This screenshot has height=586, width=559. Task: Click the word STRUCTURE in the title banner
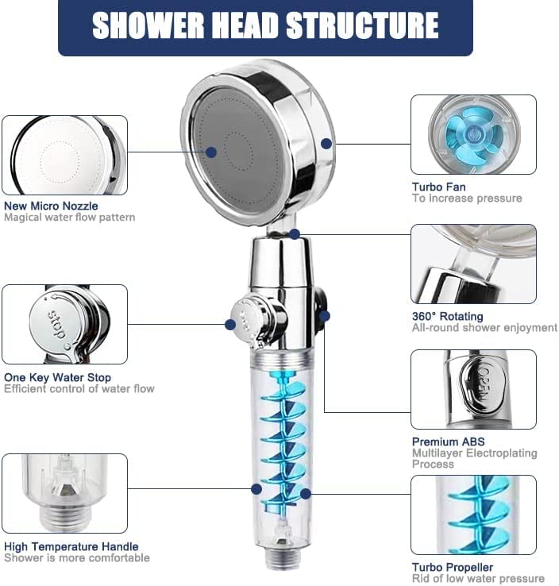362,25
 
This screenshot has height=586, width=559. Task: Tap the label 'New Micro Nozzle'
51,206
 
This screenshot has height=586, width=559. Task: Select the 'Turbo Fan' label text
438,187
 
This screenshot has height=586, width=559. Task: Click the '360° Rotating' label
447,317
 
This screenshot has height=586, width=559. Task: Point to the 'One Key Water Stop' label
57,377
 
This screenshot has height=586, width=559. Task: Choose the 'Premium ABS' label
448,441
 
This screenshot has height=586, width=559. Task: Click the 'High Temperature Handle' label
71,546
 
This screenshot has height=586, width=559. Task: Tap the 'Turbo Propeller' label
453,567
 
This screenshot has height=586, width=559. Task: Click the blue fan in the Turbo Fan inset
474,135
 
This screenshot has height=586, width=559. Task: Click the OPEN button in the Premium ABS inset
483,385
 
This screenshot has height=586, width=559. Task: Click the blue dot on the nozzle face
211,152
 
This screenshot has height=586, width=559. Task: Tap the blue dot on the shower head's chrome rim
326,143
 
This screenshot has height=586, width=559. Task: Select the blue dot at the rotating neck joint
295,234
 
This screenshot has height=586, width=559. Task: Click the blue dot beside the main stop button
230,325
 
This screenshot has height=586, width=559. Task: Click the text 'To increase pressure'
467,198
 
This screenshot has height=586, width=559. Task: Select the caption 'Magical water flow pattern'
70,217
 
